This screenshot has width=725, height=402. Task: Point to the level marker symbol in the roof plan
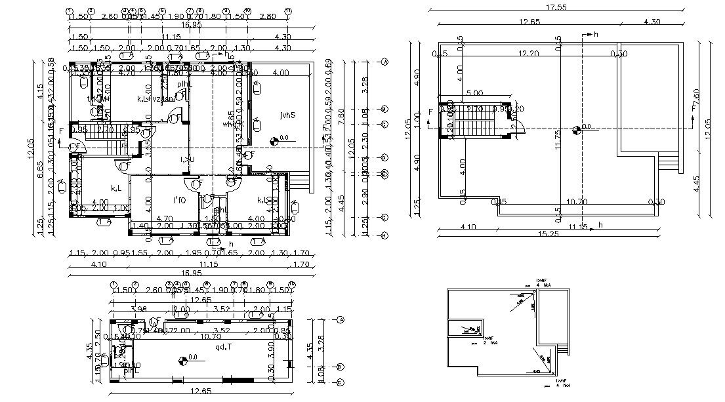pyautogui.click(x=576, y=129)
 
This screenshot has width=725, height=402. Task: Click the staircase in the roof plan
pyautogui.click(x=469, y=121)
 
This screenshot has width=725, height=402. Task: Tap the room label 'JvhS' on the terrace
pyautogui.click(x=287, y=115)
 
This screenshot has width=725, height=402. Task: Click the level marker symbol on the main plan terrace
pyautogui.click(x=274, y=139)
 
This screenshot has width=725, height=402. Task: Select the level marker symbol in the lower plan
pyautogui.click(x=182, y=359)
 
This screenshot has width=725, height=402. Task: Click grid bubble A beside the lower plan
pyautogui.click(x=342, y=320)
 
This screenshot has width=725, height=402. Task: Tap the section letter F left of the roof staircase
pyautogui.click(x=430, y=112)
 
